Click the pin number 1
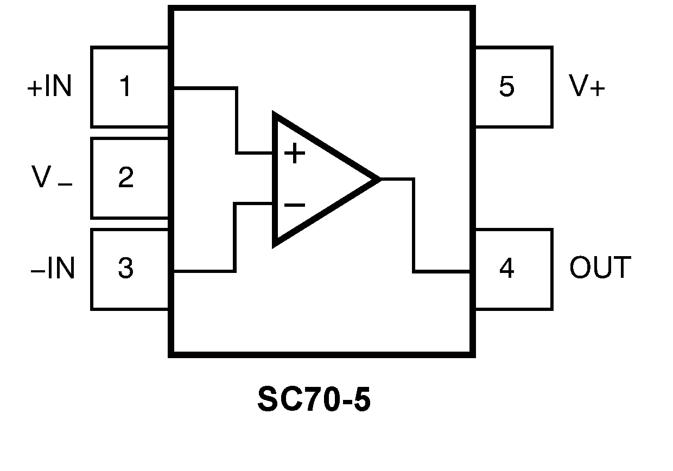click(125, 87)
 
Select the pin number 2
click(125, 178)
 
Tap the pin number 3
click(125, 268)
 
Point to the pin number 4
click(506, 268)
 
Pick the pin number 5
click(506, 87)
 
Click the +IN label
click(49, 87)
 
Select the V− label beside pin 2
click(52, 178)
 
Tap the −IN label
click(52, 268)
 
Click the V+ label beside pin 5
click(587, 87)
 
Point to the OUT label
click(600, 268)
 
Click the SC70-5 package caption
click(314, 400)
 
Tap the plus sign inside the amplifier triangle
click(295, 154)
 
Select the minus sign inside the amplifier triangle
click(295, 205)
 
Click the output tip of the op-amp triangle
click(378, 179)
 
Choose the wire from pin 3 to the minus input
click(234, 239)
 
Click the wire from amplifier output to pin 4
click(414, 228)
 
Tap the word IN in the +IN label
click(58, 87)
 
